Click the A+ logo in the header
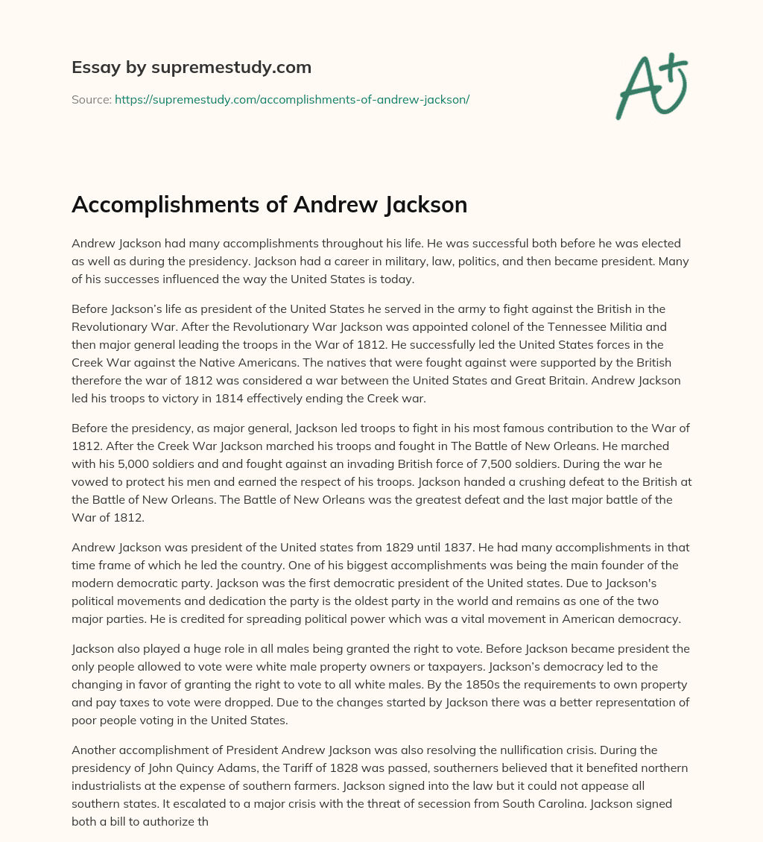click(652, 86)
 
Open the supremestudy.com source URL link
click(291, 99)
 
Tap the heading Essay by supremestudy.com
click(191, 68)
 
